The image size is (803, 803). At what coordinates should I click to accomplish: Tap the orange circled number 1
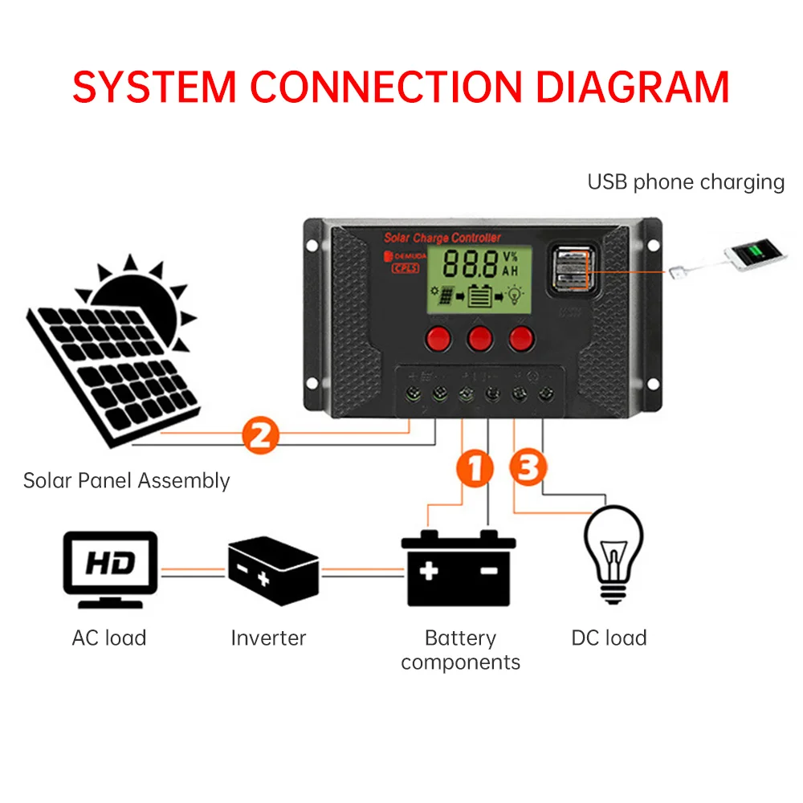point(475,469)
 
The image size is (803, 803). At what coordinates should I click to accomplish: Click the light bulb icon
point(614,554)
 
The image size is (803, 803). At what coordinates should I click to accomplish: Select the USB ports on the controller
point(571,268)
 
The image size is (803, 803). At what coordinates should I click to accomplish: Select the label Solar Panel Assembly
point(126,481)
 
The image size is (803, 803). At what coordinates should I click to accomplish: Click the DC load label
point(609,638)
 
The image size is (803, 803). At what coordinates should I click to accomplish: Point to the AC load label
point(109,638)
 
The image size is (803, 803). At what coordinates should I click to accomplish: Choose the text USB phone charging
point(686,182)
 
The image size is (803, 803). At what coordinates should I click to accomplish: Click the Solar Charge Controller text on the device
point(442,238)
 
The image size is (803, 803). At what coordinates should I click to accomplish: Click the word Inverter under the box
point(268,638)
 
